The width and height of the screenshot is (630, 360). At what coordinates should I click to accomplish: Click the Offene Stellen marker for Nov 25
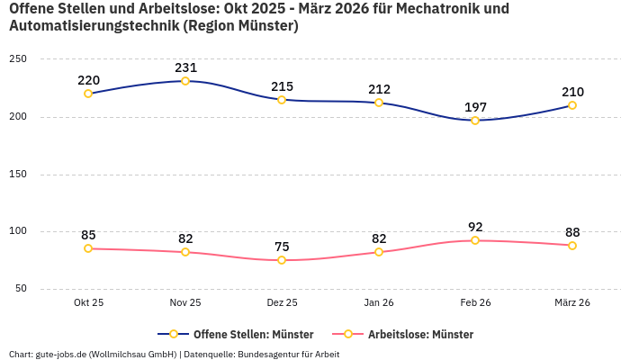(x=185, y=81)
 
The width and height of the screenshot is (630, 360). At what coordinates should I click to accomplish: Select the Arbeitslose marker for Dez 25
(x=282, y=260)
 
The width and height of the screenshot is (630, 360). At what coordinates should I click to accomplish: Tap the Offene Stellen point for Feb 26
(x=475, y=120)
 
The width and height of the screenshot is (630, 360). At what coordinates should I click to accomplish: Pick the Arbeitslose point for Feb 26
(x=475, y=240)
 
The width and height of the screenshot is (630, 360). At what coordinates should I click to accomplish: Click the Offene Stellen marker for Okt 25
(x=88, y=94)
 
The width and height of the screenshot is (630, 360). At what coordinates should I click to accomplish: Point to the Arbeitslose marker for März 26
(x=572, y=246)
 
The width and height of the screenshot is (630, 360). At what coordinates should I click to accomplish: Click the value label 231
(x=185, y=67)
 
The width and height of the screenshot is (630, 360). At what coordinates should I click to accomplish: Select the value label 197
(x=475, y=107)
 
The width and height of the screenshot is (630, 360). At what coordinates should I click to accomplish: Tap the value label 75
(x=282, y=247)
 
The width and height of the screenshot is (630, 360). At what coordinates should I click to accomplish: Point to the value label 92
(x=475, y=227)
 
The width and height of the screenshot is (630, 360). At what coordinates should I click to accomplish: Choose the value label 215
(x=282, y=86)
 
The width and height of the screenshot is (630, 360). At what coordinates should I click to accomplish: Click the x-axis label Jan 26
(x=379, y=303)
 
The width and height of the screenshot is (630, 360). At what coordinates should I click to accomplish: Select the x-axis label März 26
(x=572, y=303)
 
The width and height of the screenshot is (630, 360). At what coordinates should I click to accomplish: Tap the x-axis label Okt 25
(x=88, y=303)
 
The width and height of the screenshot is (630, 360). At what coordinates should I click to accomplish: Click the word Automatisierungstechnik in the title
(x=94, y=26)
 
